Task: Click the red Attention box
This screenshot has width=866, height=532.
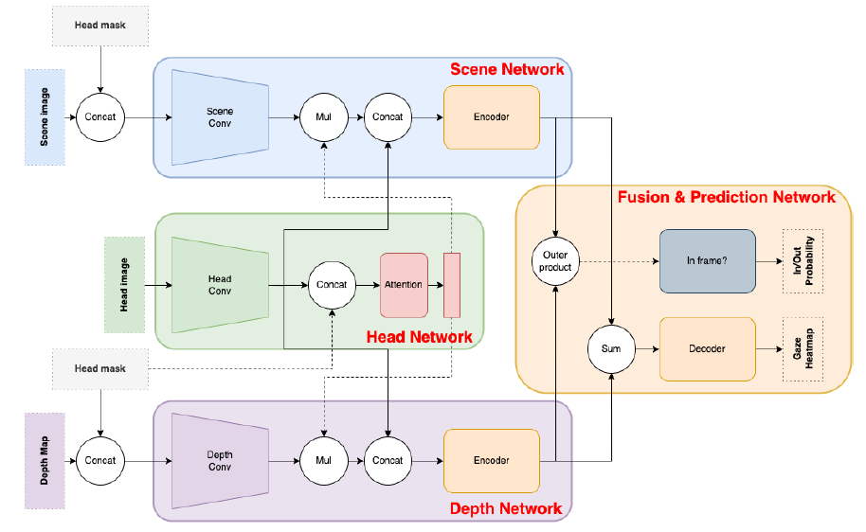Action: coord(404,284)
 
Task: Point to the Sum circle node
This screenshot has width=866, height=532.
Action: coord(611,348)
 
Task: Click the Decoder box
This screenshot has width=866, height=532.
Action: coord(707,348)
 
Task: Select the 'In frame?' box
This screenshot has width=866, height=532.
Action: coord(707,261)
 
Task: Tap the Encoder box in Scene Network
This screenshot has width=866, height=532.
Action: coord(491,117)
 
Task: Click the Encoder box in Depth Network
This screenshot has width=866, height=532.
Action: coord(491,460)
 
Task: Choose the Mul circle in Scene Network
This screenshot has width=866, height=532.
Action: coord(324,117)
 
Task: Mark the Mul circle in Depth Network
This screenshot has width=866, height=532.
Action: coord(324,460)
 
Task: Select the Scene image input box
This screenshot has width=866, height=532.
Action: coord(44,118)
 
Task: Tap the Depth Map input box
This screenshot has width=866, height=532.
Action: coord(44,461)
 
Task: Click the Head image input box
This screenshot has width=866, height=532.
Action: coord(124,284)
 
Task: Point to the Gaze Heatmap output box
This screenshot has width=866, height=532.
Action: coord(803,348)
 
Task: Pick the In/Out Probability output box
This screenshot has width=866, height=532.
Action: coord(803,261)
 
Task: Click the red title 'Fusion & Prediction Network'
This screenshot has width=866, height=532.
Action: coord(726,197)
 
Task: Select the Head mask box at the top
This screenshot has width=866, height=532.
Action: coord(99,26)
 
